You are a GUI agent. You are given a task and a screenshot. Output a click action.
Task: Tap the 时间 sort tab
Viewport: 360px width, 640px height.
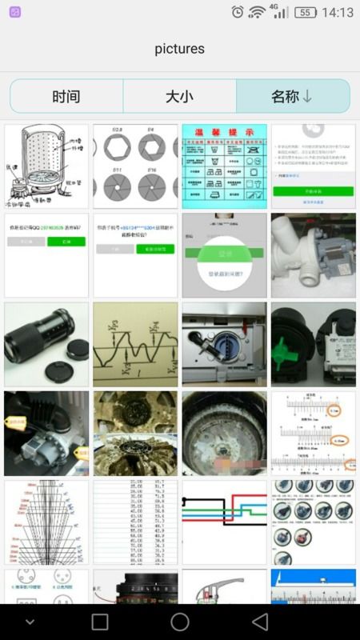point(66,97)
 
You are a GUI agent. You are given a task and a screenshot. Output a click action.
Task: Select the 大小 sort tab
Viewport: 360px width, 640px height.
point(180,97)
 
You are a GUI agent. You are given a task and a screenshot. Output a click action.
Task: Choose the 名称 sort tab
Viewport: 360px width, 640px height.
point(293,97)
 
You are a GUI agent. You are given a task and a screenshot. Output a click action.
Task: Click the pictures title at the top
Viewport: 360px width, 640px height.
point(180,49)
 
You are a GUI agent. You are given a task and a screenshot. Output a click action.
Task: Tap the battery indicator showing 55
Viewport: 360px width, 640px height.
point(305,13)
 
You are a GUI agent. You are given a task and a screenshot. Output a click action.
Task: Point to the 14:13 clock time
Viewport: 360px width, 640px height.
point(337,13)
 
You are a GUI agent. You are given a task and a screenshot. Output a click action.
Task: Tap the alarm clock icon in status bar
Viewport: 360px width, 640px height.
point(238,12)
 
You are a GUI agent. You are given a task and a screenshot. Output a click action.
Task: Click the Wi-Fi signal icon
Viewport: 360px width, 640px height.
point(257,12)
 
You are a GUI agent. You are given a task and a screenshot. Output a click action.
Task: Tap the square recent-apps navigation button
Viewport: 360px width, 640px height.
point(100,622)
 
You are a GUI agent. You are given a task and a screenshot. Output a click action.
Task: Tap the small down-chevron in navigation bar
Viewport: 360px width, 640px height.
point(30,622)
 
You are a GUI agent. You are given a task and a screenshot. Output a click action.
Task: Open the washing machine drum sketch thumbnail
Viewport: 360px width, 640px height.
point(46,166)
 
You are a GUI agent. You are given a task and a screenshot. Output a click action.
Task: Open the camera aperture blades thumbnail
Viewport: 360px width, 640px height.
point(135,166)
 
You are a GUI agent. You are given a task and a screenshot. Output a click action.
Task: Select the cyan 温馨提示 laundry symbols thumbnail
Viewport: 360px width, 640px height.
point(224,166)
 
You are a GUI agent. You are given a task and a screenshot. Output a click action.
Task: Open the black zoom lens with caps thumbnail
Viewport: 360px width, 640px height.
point(46,344)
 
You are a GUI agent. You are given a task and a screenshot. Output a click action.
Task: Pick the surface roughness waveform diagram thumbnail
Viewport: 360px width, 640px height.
point(135,344)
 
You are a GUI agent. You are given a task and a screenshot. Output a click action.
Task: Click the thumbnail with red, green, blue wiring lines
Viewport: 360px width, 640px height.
point(224,522)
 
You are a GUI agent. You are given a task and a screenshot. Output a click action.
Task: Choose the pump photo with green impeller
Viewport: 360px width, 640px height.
point(313,344)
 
